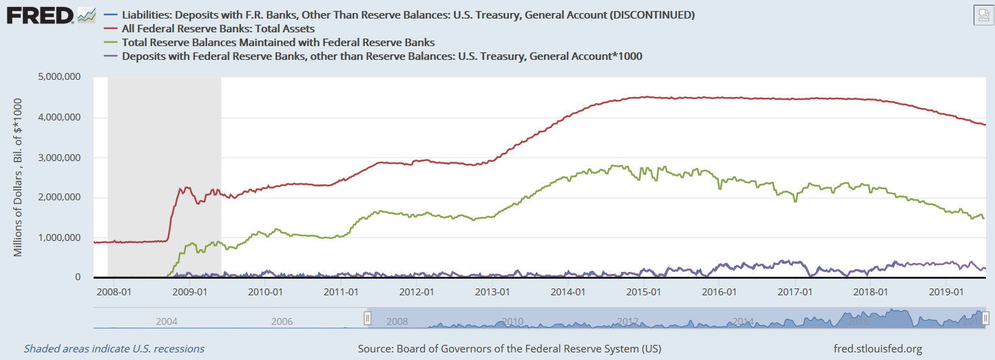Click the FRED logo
pos(51,16)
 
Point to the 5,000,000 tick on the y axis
pos(59,77)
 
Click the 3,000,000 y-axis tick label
pos(59,158)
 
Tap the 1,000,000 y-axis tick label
pos(59,237)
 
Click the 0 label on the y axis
pos(78,277)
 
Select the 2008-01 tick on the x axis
pos(114,292)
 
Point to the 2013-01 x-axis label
pos(492,292)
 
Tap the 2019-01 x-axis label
pos(946,292)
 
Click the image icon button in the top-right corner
pos(983,16)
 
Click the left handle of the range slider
pos(367,318)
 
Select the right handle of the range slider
pos(985,318)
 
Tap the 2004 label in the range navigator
pos(167,321)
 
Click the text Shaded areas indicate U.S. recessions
pos(114,349)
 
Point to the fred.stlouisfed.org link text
pos(878,349)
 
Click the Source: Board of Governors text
pos(510,349)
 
